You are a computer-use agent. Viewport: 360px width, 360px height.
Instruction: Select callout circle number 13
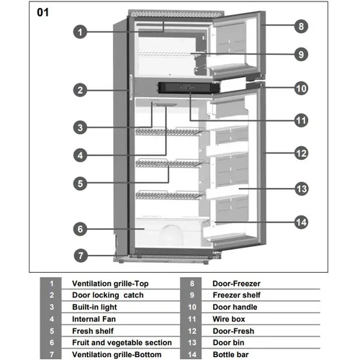click(302, 189)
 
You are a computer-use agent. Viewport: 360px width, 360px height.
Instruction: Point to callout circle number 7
click(81, 255)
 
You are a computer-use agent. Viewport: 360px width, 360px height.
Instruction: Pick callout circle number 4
click(81, 155)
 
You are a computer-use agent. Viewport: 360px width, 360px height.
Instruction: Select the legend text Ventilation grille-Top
click(110, 284)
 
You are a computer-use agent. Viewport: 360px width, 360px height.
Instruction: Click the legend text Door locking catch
click(108, 295)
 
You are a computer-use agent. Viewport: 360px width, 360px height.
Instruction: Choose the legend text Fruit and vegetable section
click(122, 343)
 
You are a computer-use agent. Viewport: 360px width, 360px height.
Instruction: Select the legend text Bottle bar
click(231, 354)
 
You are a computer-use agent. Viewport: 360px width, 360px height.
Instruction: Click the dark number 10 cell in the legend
click(192, 307)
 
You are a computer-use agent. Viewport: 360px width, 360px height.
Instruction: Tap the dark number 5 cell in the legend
click(51, 330)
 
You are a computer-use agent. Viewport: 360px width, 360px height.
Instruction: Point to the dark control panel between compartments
click(186, 89)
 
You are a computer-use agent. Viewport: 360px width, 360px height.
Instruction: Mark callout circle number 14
click(302, 222)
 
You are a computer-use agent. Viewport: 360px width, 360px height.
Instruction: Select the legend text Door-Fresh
click(233, 330)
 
